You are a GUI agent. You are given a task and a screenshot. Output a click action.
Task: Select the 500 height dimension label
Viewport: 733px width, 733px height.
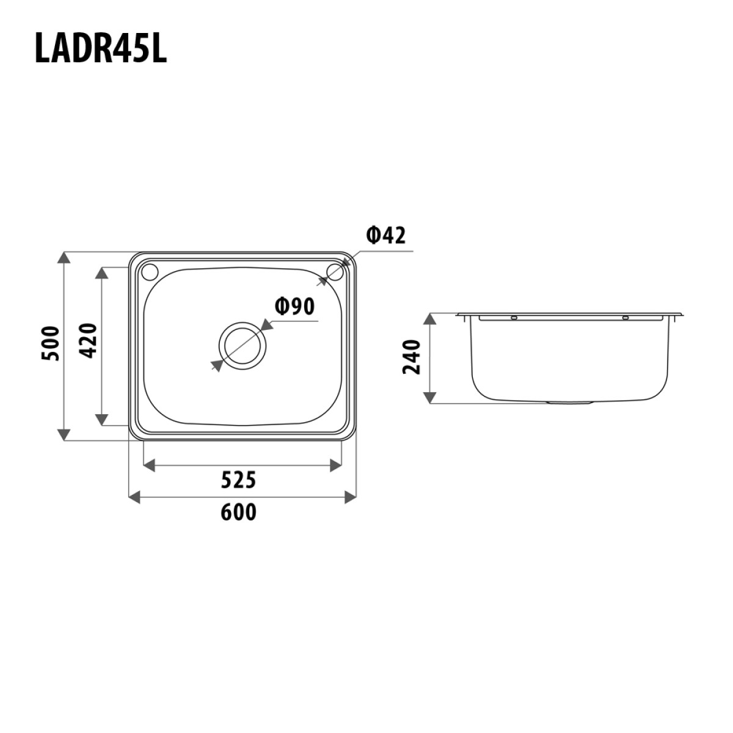pyautogui.click(x=53, y=344)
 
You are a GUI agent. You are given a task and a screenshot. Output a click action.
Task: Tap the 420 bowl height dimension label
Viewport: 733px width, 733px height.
pyautogui.click(x=89, y=341)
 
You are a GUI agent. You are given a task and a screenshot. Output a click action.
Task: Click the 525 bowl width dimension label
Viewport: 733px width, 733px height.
pyautogui.click(x=238, y=481)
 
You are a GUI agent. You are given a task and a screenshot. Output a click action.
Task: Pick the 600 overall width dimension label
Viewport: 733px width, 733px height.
pyautogui.click(x=238, y=512)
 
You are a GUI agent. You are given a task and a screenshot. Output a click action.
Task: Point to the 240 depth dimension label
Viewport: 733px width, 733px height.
pyautogui.click(x=413, y=357)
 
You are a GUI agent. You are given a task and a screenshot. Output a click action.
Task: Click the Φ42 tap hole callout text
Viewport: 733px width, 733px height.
pyautogui.click(x=385, y=235)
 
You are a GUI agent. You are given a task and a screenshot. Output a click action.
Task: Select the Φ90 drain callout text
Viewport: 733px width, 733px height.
pyautogui.click(x=294, y=305)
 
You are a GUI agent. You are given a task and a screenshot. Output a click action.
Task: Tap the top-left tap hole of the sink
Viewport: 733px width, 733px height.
pyautogui.click(x=149, y=269)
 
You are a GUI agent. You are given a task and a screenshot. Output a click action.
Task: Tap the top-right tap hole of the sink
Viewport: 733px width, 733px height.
pyautogui.click(x=335, y=270)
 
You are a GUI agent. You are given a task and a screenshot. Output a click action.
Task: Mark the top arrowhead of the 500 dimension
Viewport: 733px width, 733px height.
pyautogui.click(x=64, y=257)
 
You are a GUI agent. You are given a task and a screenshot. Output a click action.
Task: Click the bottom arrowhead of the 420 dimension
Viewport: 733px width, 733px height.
pyautogui.click(x=101, y=419)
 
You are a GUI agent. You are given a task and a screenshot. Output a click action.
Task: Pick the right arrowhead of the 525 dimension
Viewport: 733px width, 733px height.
pyautogui.click(x=335, y=466)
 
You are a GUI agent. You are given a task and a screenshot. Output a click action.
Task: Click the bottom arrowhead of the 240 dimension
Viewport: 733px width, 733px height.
pyautogui.click(x=431, y=397)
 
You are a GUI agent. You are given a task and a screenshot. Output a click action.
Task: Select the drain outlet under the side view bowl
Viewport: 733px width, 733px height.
pyautogui.click(x=571, y=403)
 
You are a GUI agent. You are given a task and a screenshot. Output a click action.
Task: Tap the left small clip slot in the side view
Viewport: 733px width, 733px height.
pyautogui.click(x=514, y=318)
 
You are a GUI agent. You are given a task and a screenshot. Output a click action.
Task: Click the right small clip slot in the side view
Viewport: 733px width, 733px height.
pyautogui.click(x=625, y=318)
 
